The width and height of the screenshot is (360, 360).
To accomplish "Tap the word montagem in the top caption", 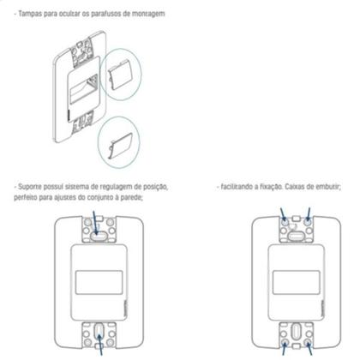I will coord(148,15).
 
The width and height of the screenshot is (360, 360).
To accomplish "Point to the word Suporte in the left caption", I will coord(32,186).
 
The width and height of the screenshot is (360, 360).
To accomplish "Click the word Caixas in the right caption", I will coord(300,186).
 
